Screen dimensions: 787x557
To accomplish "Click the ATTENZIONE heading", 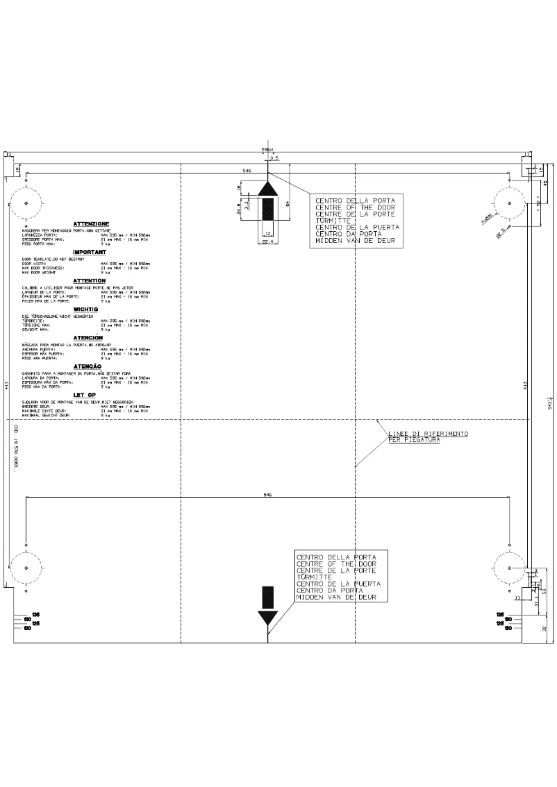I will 91,223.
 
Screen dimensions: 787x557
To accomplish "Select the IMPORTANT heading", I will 90,253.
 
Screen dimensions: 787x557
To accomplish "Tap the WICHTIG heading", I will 89,309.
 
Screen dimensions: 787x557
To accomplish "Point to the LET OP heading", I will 83,394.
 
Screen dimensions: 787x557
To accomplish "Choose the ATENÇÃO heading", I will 88,366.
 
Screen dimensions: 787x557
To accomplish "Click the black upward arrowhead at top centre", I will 268,189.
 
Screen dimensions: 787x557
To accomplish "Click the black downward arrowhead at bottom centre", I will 267,618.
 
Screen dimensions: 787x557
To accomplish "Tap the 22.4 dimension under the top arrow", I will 267,243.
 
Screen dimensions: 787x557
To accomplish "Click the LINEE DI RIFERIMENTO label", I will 428,434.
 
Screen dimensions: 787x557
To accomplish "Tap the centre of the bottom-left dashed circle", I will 26,568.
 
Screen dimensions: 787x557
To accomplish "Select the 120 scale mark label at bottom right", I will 508,628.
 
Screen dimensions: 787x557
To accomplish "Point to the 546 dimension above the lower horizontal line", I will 267,495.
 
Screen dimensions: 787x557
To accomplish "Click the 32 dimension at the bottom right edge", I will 544,628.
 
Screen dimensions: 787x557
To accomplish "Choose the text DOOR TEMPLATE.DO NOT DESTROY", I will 53,259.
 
